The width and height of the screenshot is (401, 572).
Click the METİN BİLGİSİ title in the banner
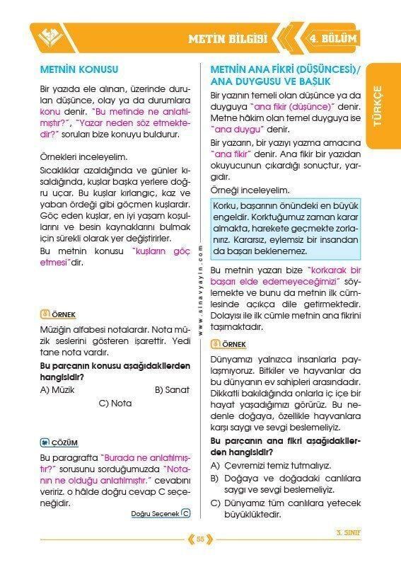(x=227, y=38)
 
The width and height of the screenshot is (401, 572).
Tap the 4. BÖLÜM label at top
(x=332, y=38)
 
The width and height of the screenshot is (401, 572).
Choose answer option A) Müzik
(x=57, y=389)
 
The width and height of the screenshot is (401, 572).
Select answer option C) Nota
(x=115, y=404)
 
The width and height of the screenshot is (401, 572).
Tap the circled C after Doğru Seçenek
(x=185, y=514)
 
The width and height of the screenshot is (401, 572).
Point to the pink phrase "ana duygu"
(x=238, y=129)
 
